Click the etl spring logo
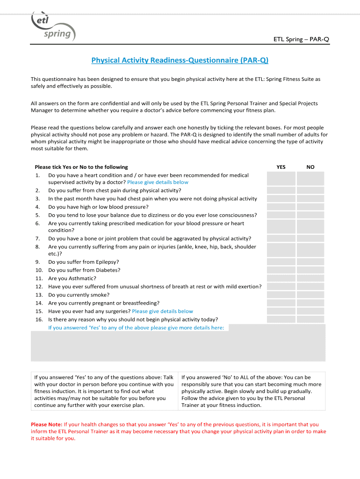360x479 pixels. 52,27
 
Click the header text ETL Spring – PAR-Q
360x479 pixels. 301,39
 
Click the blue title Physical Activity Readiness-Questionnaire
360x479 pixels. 180,60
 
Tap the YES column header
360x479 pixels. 281,167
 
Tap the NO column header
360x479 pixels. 310,167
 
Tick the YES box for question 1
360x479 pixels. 281,178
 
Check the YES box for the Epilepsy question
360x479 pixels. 281,262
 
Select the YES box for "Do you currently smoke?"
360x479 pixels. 281,295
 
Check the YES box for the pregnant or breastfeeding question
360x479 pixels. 281,303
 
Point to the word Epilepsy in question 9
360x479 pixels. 107,262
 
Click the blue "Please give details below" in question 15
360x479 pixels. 162,311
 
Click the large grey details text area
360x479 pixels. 178,346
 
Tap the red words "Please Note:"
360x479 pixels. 46,425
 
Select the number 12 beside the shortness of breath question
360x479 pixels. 39,286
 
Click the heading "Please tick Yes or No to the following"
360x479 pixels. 81,167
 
